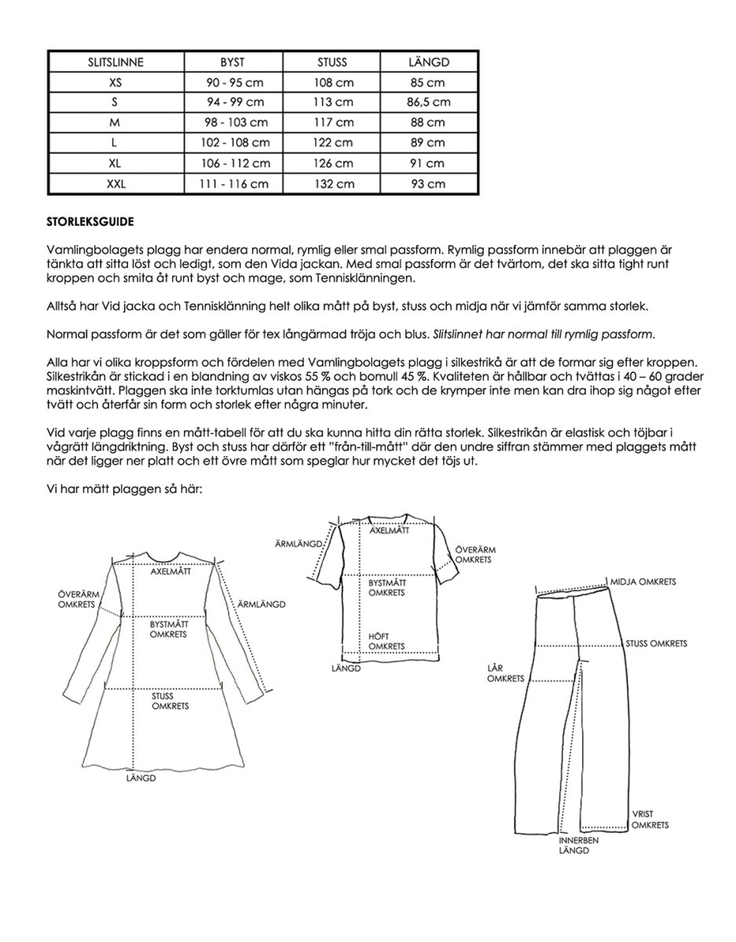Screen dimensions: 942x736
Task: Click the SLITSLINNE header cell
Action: pyautogui.click(x=116, y=61)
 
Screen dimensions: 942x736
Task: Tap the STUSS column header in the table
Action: pyautogui.click(x=331, y=61)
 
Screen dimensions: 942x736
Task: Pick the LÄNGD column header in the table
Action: pyautogui.click(x=429, y=61)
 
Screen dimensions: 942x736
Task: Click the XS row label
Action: pyautogui.click(x=116, y=82)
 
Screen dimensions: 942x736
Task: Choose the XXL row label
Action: pyautogui.click(x=116, y=184)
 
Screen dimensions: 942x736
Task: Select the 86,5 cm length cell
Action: pyautogui.click(x=429, y=102)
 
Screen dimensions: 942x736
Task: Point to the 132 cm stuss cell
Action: pyautogui.click(x=331, y=184)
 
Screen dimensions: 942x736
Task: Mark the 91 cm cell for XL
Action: pyautogui.click(x=429, y=163)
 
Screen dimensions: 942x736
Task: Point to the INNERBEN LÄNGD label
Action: pyautogui.click(x=579, y=845)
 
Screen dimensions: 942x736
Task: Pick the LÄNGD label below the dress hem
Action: pyautogui.click(x=141, y=779)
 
